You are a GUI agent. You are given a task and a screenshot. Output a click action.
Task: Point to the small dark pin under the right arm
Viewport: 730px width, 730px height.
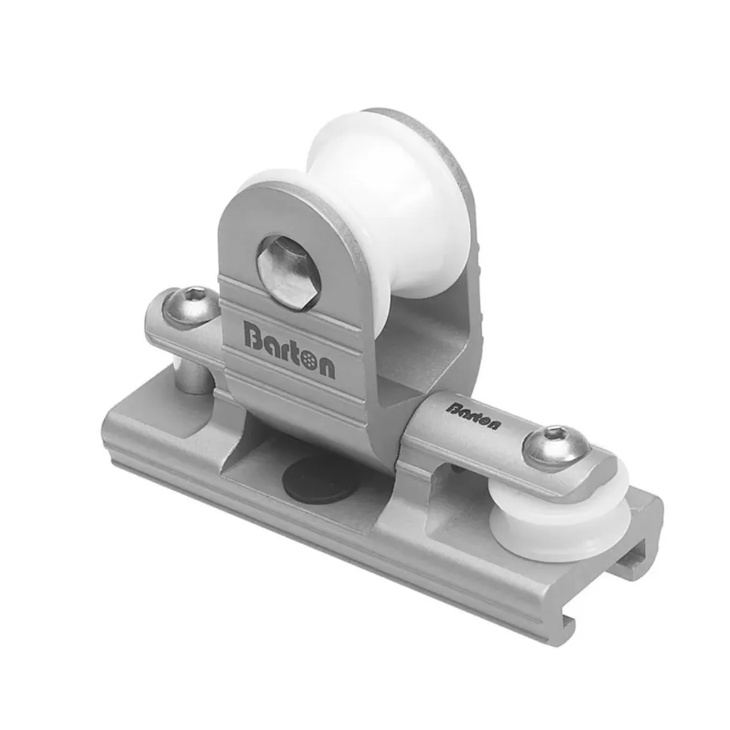click(x=460, y=474)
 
